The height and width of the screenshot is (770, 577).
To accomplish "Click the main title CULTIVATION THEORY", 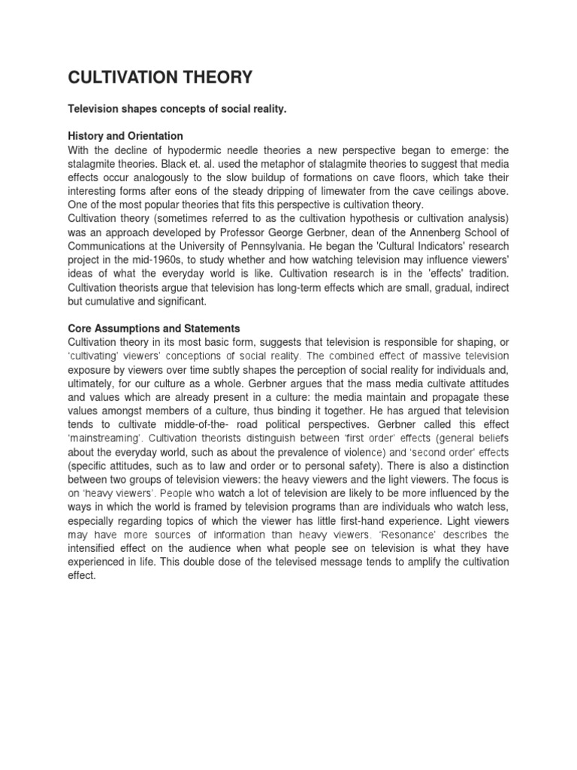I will point(161,77).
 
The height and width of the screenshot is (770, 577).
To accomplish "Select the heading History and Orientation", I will point(125,136).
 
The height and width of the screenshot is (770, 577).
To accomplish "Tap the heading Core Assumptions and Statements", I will point(154,329).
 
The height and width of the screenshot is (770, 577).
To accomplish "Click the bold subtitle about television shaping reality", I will point(177,110).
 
